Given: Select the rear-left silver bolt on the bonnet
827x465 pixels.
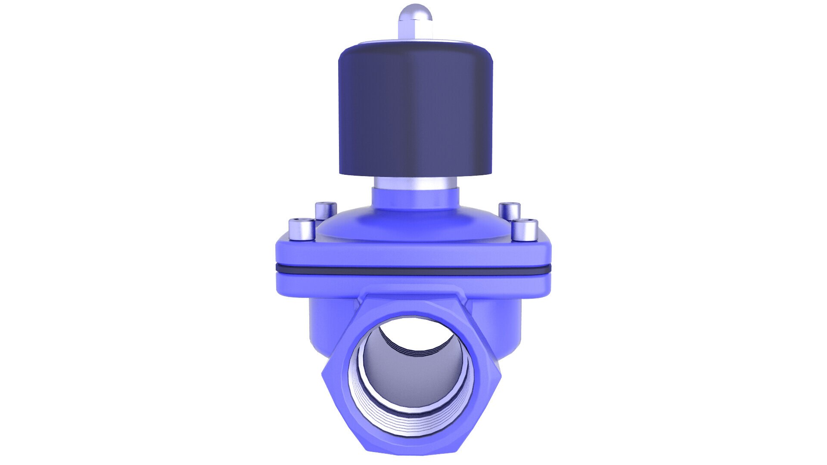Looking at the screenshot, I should tap(326, 211).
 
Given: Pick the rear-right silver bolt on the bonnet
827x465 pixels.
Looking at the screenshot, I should tap(510, 211).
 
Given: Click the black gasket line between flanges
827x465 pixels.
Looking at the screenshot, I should tap(413, 270).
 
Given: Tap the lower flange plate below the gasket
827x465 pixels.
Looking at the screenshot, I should tap(413, 282).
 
